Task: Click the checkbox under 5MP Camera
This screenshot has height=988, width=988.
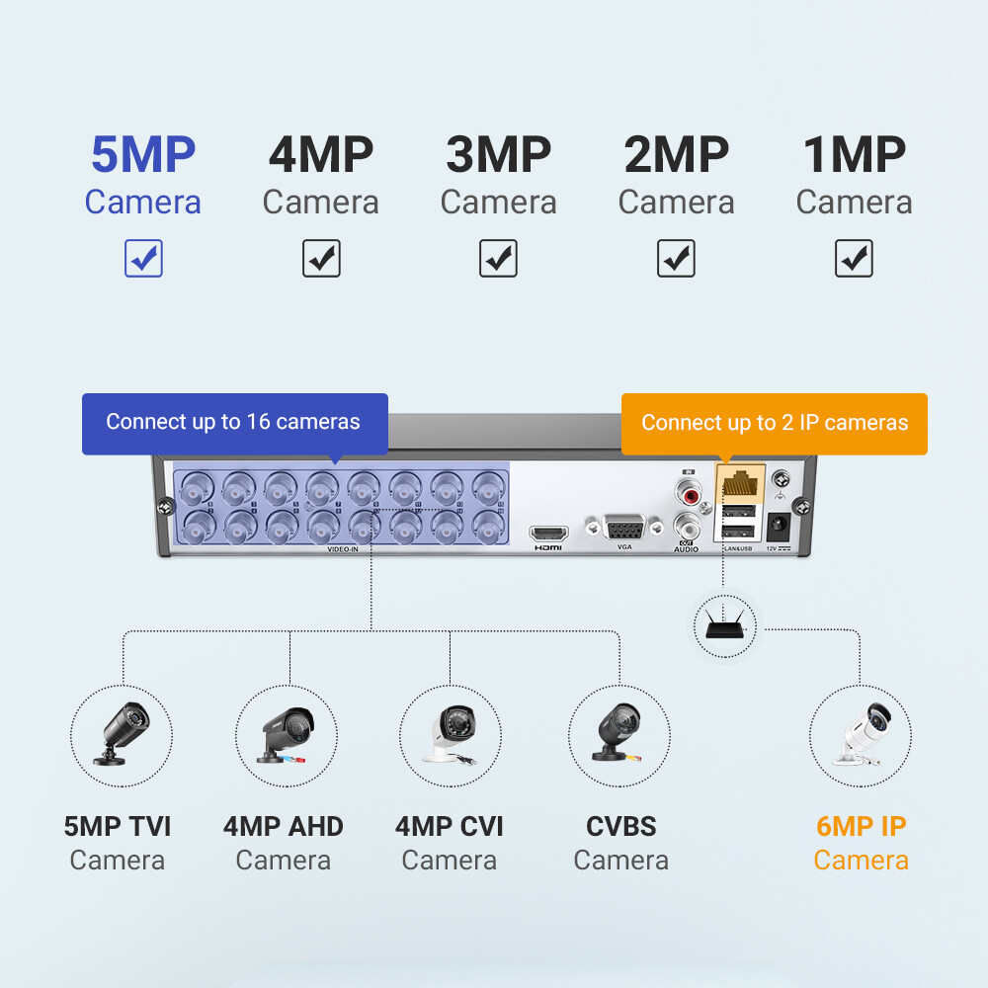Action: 143,259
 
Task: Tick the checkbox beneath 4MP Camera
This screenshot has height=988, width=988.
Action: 321,259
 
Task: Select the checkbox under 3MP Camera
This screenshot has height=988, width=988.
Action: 498,259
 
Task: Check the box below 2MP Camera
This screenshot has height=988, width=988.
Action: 676,259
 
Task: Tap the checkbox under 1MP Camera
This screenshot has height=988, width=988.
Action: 854,259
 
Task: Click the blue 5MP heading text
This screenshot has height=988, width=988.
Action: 143,155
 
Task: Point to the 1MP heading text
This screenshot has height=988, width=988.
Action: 854,155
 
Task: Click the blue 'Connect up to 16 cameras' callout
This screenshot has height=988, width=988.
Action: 234,423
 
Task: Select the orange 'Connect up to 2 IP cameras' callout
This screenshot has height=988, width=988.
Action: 774,423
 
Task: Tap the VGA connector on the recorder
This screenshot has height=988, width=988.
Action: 624,527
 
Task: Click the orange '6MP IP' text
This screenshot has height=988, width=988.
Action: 861,826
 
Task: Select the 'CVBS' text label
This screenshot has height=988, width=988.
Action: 620,826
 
